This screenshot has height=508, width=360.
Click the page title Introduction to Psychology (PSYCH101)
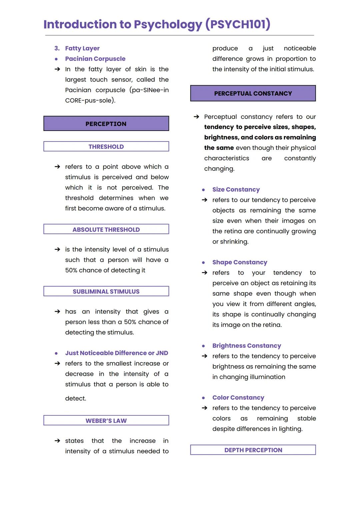pyautogui.click(x=157, y=24)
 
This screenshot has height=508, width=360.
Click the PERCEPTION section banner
pyautogui.click(x=106, y=124)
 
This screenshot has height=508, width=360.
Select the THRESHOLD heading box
pyautogui.click(x=106, y=147)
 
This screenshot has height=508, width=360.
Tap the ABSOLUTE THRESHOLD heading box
pyautogui.click(x=106, y=230)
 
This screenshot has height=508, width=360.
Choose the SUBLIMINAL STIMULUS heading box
pyautogui.click(x=106, y=291)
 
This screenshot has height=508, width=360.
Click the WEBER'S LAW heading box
pyautogui.click(x=106, y=420)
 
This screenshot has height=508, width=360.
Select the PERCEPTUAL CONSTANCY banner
pyautogui.click(x=253, y=93)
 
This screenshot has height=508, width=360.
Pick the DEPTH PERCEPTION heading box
pyautogui.click(x=253, y=450)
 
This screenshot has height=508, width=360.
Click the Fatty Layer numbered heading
pyautogui.click(x=82, y=48)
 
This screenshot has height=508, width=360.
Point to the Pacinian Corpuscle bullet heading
pyautogui.click(x=95, y=59)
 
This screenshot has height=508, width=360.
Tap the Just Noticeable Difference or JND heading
pyautogui.click(x=116, y=353)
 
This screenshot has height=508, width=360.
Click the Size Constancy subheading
pyautogui.click(x=236, y=190)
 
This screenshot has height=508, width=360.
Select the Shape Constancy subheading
pyautogui.click(x=240, y=262)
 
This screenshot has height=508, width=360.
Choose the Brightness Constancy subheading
pyautogui.click(x=247, y=345)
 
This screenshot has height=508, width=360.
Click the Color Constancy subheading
pyautogui.click(x=238, y=397)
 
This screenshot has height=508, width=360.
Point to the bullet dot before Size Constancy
pyautogui.click(x=203, y=190)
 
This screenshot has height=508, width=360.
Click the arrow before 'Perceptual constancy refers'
pyautogui.click(x=196, y=117)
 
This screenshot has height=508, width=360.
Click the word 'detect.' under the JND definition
pyautogui.click(x=76, y=398)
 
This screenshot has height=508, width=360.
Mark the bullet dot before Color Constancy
pyautogui.click(x=203, y=398)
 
